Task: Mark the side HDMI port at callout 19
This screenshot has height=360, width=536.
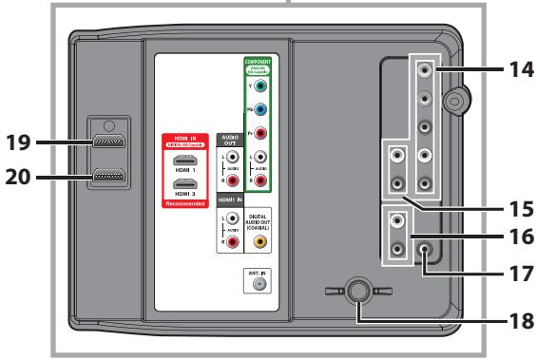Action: (x=106, y=143)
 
